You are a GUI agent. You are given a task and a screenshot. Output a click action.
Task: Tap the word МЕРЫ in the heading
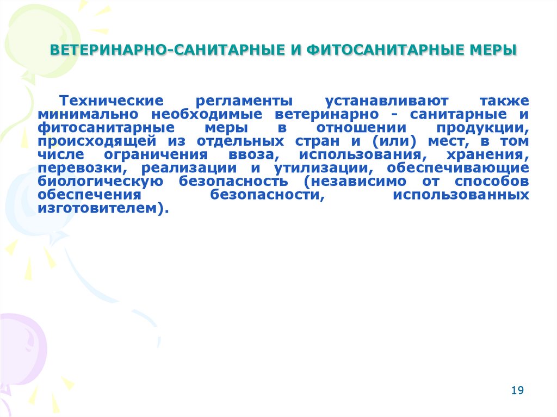[494, 51]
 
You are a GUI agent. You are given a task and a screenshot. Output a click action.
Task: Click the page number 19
[517, 390]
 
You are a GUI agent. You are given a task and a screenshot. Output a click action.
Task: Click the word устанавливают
[387, 102]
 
